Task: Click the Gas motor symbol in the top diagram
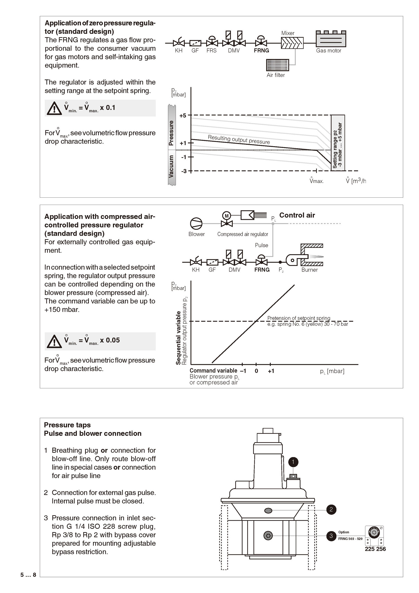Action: click(x=331, y=39)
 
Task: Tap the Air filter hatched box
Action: click(x=277, y=65)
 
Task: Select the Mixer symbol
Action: click(x=292, y=43)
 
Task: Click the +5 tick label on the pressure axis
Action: click(x=183, y=115)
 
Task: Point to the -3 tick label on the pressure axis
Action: click(x=184, y=171)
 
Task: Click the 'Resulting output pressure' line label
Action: click(x=239, y=139)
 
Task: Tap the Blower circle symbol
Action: click(x=196, y=224)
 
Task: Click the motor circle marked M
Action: click(x=227, y=216)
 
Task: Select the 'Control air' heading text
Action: click(x=297, y=215)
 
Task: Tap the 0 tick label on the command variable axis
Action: click(x=256, y=371)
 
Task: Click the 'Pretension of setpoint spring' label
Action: click(x=299, y=318)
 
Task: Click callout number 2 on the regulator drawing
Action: click(x=331, y=509)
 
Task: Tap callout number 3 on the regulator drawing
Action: click(x=331, y=536)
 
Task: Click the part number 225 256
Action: click(x=375, y=549)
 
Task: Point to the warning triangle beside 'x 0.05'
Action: click(x=54, y=341)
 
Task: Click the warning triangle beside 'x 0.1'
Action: click(x=54, y=108)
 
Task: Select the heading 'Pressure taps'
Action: click(x=67, y=425)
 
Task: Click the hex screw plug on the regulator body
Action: click(x=268, y=536)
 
